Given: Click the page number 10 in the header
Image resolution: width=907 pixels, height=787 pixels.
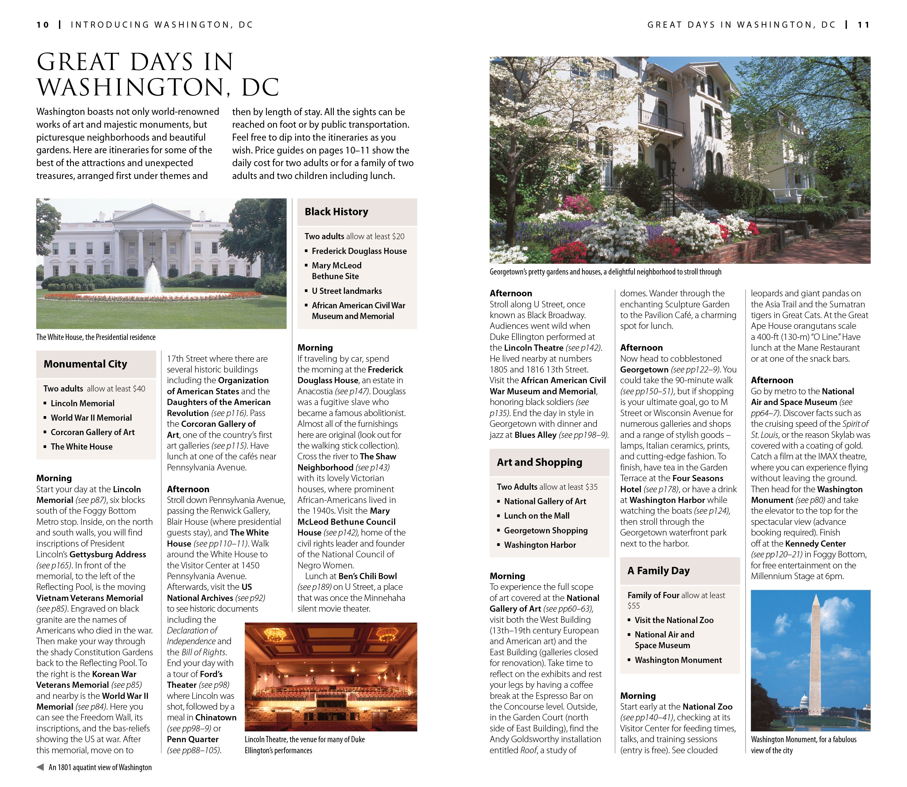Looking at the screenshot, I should coord(43,25).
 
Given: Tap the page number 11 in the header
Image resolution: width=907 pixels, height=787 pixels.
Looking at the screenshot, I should coord(863,25).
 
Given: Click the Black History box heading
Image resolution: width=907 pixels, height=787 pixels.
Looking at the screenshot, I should coord(336,212).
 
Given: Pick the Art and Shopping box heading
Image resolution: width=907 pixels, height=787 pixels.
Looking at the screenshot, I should coord(539,462).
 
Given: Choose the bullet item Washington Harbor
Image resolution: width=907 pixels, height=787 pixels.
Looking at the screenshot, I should coord(539,545).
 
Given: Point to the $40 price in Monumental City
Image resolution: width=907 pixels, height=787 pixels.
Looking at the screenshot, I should coord(139,389).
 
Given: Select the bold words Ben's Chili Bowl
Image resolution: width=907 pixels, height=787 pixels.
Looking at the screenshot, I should coord(367,576).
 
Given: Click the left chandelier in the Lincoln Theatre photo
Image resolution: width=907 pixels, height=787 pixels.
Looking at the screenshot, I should coord(276,634).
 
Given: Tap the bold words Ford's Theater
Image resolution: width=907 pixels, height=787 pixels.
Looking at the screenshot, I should coord(195,680).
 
